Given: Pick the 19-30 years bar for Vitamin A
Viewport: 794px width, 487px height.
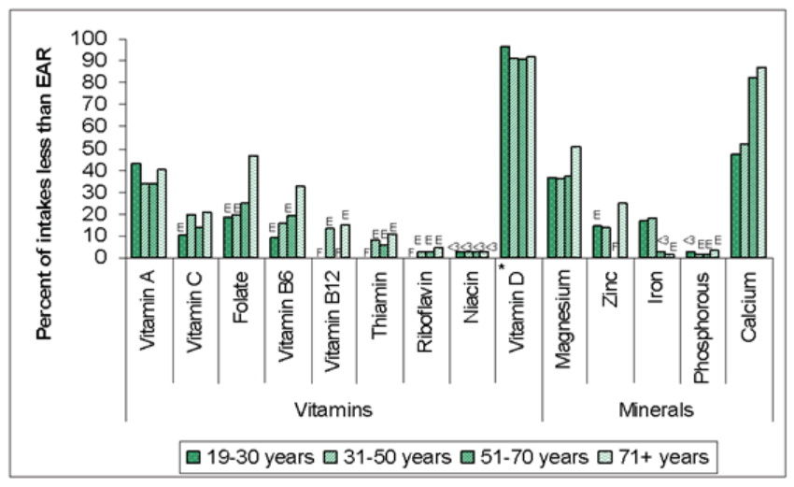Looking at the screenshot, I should click(136, 210).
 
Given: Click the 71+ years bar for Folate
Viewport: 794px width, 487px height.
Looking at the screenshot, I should click(253, 207).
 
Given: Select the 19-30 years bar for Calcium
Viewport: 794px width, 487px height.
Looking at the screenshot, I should click(735, 206).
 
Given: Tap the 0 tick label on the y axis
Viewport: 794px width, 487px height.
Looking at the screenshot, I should click(102, 258).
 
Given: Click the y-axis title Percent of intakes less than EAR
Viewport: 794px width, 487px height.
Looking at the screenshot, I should click(46, 150).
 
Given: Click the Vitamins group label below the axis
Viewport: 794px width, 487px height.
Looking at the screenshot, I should click(333, 410).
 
